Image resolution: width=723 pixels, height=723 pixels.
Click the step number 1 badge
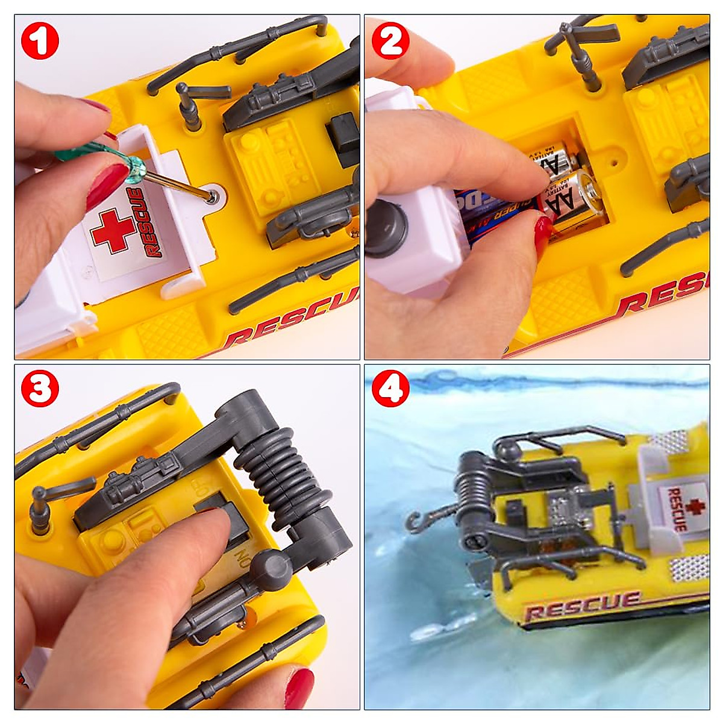[x=40, y=40]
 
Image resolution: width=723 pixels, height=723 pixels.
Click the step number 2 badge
[x=390, y=40]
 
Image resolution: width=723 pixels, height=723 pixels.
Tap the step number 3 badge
[x=40, y=390]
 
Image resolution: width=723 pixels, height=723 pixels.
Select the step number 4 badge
[x=390, y=390]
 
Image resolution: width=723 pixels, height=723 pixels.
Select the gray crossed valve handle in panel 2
[x=575, y=42]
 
